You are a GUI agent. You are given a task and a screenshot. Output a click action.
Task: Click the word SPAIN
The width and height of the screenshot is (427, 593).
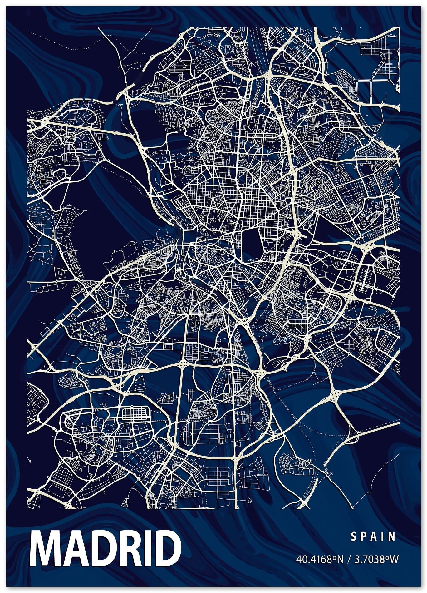tap(373, 537)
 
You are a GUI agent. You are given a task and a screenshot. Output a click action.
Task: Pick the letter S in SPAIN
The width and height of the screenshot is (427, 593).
tap(354, 537)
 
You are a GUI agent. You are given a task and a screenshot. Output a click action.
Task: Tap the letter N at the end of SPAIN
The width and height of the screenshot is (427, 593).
tap(393, 537)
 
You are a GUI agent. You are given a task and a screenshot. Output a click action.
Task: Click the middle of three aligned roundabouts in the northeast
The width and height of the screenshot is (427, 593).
tap(371, 80)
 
